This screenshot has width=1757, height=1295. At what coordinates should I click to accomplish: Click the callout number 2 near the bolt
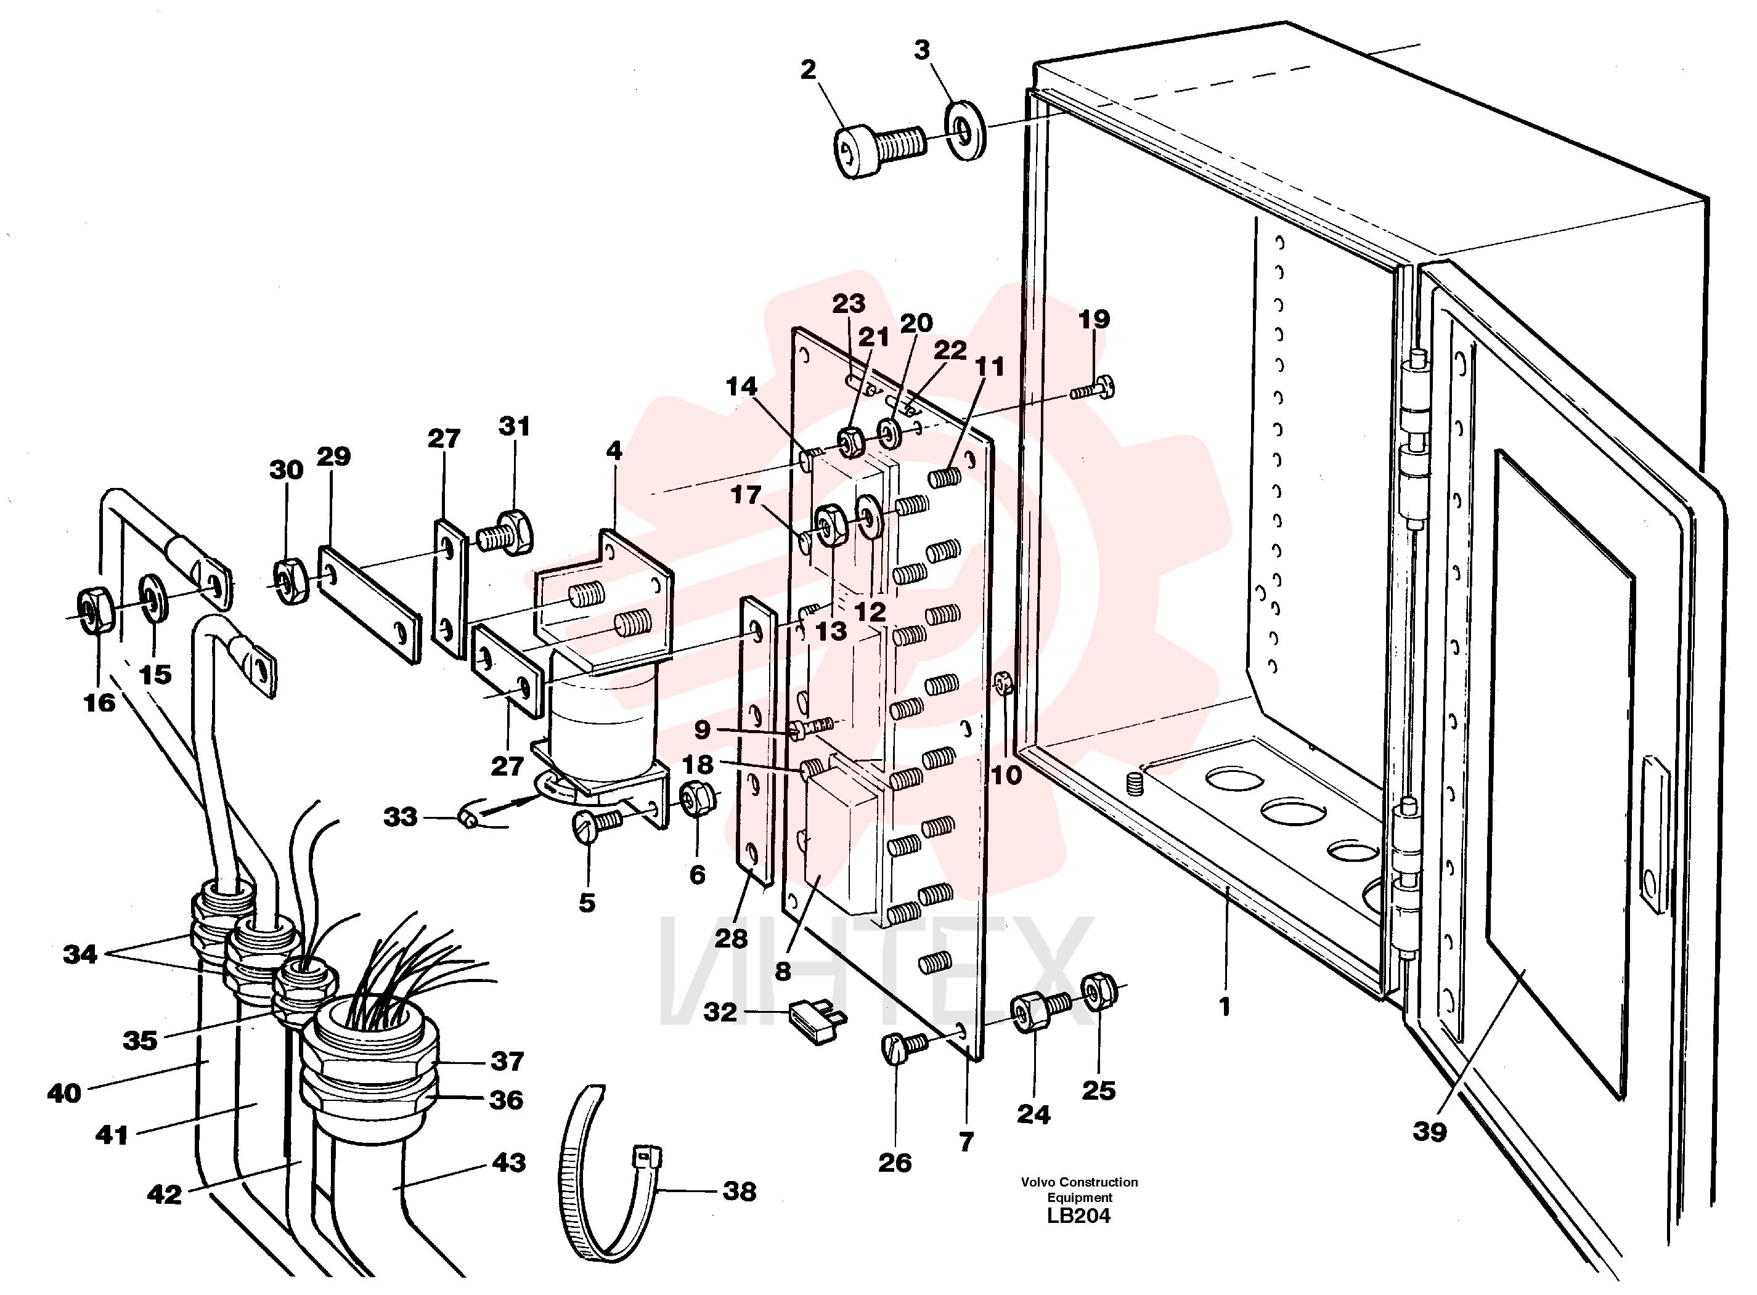tap(809, 70)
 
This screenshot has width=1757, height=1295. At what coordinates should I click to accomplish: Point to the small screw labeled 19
tap(1093, 388)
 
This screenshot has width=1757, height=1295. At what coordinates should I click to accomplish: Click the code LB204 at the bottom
tap(1079, 1216)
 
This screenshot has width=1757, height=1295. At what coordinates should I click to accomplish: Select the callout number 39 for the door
tap(1429, 1131)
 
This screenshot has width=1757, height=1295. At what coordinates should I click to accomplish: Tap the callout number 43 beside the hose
tap(509, 1162)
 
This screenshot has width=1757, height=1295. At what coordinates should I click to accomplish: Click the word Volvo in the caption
tap(1039, 1182)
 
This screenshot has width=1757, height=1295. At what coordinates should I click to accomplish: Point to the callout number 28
tap(731, 938)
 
